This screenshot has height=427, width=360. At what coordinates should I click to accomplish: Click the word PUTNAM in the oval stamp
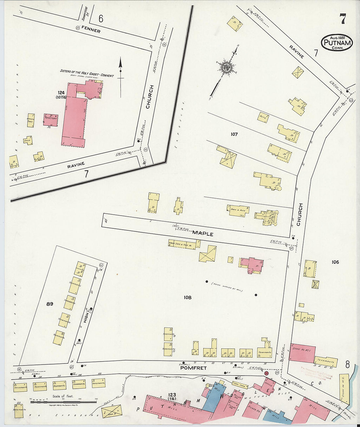click(x=337, y=43)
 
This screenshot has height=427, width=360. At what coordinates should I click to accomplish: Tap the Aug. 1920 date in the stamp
click(x=337, y=37)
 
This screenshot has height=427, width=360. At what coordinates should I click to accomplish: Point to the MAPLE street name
click(x=203, y=234)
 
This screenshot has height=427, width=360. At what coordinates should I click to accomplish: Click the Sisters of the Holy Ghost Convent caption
click(x=87, y=73)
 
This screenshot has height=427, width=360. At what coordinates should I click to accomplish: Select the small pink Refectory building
click(x=51, y=119)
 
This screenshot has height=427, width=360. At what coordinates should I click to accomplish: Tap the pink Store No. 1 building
click(x=302, y=353)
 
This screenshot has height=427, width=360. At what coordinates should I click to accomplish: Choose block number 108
click(x=188, y=297)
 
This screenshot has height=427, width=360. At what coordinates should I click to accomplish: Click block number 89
click(x=50, y=304)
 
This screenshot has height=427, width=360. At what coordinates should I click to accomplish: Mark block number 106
click(x=335, y=262)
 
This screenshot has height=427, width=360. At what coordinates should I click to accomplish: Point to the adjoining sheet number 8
click(x=347, y=364)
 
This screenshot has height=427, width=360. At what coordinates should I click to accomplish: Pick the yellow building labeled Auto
click(x=263, y=117)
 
